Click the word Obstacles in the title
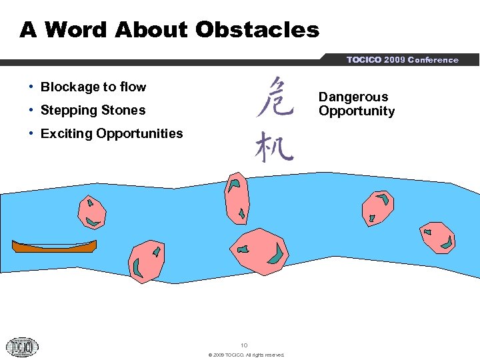257,30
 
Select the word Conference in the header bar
433,60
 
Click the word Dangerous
353,97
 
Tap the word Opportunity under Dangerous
357,111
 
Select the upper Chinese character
274,97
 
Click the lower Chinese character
273,146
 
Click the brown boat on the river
54,246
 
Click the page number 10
244,345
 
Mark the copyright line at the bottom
246,355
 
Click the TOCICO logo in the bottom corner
22,346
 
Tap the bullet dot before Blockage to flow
32,87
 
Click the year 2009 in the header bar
395,60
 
